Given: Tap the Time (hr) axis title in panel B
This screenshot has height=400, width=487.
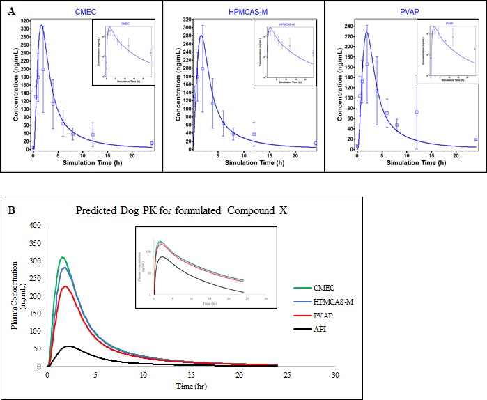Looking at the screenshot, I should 191,385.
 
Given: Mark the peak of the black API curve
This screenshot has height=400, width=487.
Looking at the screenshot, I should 68,346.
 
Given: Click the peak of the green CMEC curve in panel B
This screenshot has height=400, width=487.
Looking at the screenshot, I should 63,258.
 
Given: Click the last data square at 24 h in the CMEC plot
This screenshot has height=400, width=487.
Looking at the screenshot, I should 152,144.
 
